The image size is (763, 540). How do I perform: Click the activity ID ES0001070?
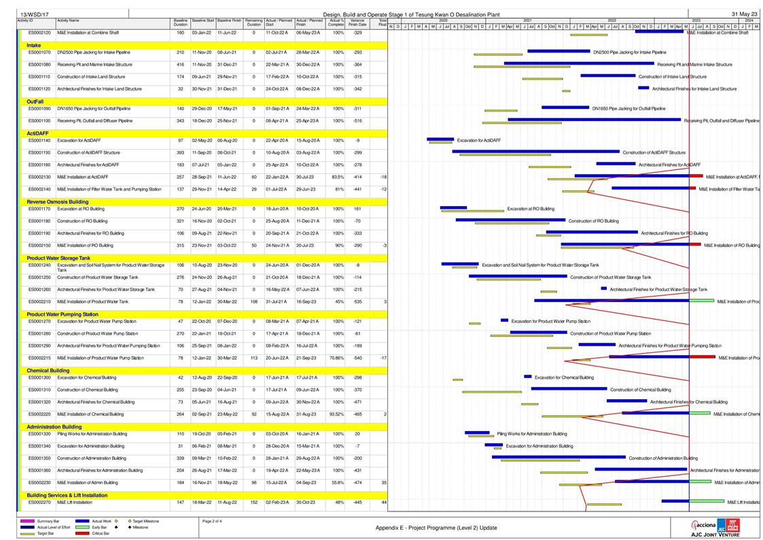pyautogui.click(x=39, y=52)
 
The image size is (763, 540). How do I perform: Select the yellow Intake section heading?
pyautogui.click(x=33, y=45)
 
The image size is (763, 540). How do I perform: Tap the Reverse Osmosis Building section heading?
pyautogui.click(x=58, y=202)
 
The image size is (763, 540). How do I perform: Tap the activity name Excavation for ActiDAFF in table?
pyautogui.click(x=78, y=140)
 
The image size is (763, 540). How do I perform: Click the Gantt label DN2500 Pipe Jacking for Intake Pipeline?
pyautogui.click(x=629, y=52)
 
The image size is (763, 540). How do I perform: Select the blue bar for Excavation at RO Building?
pyautogui.click(x=453, y=207)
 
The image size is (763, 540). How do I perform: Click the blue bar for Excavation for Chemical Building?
pyautogui.click(x=528, y=376)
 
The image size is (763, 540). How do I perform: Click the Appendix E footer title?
pyautogui.click(x=436, y=528)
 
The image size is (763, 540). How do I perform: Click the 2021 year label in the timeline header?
pyautogui.click(x=527, y=21)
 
